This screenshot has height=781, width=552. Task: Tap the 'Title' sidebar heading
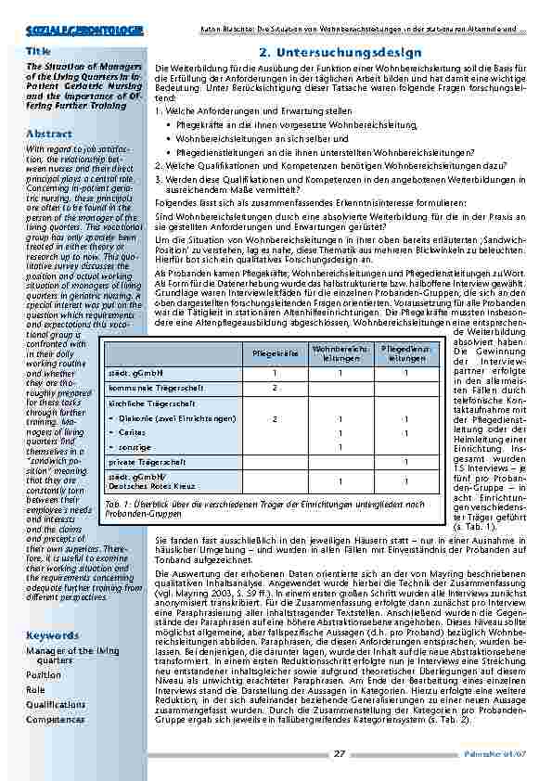point(39,51)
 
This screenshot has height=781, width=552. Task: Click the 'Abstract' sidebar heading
point(49,134)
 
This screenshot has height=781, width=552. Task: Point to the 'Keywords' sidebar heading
point(53,635)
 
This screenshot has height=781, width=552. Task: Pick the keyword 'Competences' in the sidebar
point(56,719)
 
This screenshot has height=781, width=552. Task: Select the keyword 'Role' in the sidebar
point(36,690)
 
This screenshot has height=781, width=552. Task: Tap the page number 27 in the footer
point(340,752)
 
